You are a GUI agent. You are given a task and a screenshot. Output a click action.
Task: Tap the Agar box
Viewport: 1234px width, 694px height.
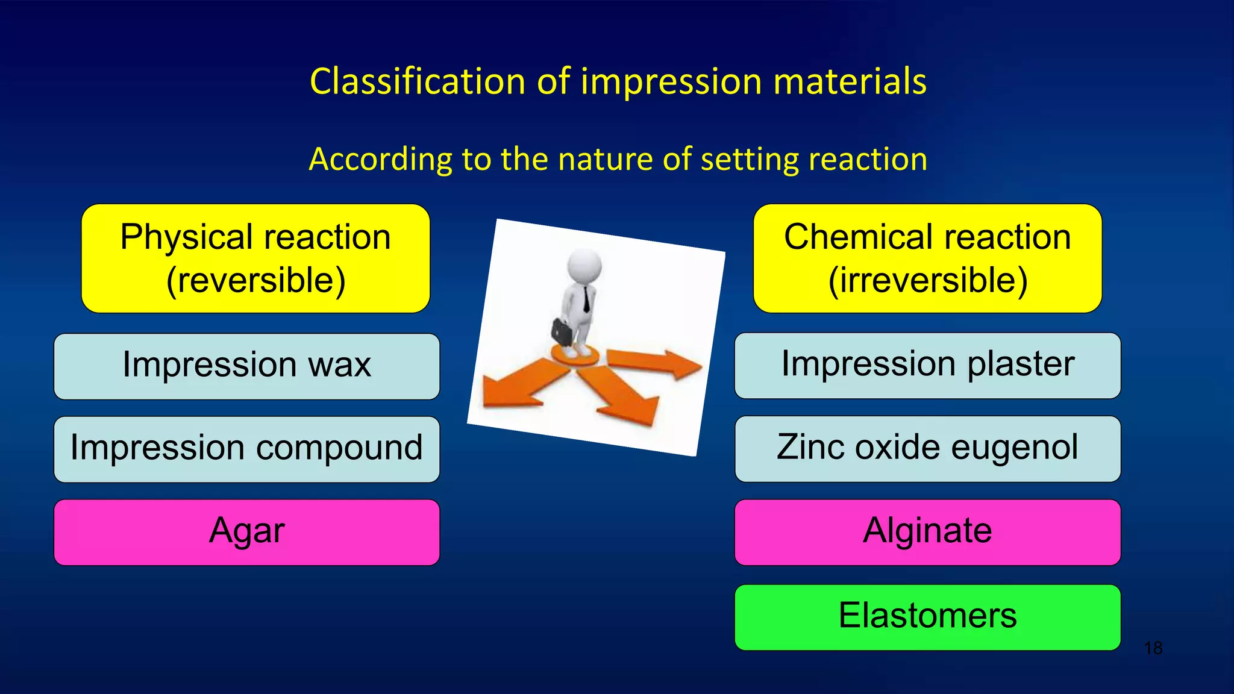point(246,532)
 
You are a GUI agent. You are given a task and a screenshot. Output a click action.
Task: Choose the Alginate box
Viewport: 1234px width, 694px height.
point(927,532)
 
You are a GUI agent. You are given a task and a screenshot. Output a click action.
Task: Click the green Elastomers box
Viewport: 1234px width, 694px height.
point(927,617)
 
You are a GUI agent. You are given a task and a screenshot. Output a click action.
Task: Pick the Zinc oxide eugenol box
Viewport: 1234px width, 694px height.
point(927,448)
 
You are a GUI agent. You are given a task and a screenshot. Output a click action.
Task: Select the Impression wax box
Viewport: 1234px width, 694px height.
point(246,366)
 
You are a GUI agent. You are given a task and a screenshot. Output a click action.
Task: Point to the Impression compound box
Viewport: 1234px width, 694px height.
point(246,449)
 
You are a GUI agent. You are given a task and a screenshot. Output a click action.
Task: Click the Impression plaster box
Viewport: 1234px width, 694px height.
point(927,365)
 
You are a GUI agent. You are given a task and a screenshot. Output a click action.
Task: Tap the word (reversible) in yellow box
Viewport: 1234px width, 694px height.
point(255,281)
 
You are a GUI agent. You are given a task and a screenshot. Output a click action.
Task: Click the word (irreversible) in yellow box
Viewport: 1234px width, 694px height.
point(927,281)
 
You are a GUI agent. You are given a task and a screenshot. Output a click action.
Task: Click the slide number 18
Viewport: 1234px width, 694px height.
point(1153,649)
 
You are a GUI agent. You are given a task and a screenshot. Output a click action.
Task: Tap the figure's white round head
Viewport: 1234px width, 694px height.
point(584,265)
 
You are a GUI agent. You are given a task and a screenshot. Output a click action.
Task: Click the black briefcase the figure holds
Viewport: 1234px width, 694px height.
point(562,331)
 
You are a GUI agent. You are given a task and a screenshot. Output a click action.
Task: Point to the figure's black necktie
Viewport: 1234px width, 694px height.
point(586,299)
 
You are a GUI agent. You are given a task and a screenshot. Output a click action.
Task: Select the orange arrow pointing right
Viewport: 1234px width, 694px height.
point(657,363)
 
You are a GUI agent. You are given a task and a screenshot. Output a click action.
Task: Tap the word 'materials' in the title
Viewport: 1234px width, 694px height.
point(850,81)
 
